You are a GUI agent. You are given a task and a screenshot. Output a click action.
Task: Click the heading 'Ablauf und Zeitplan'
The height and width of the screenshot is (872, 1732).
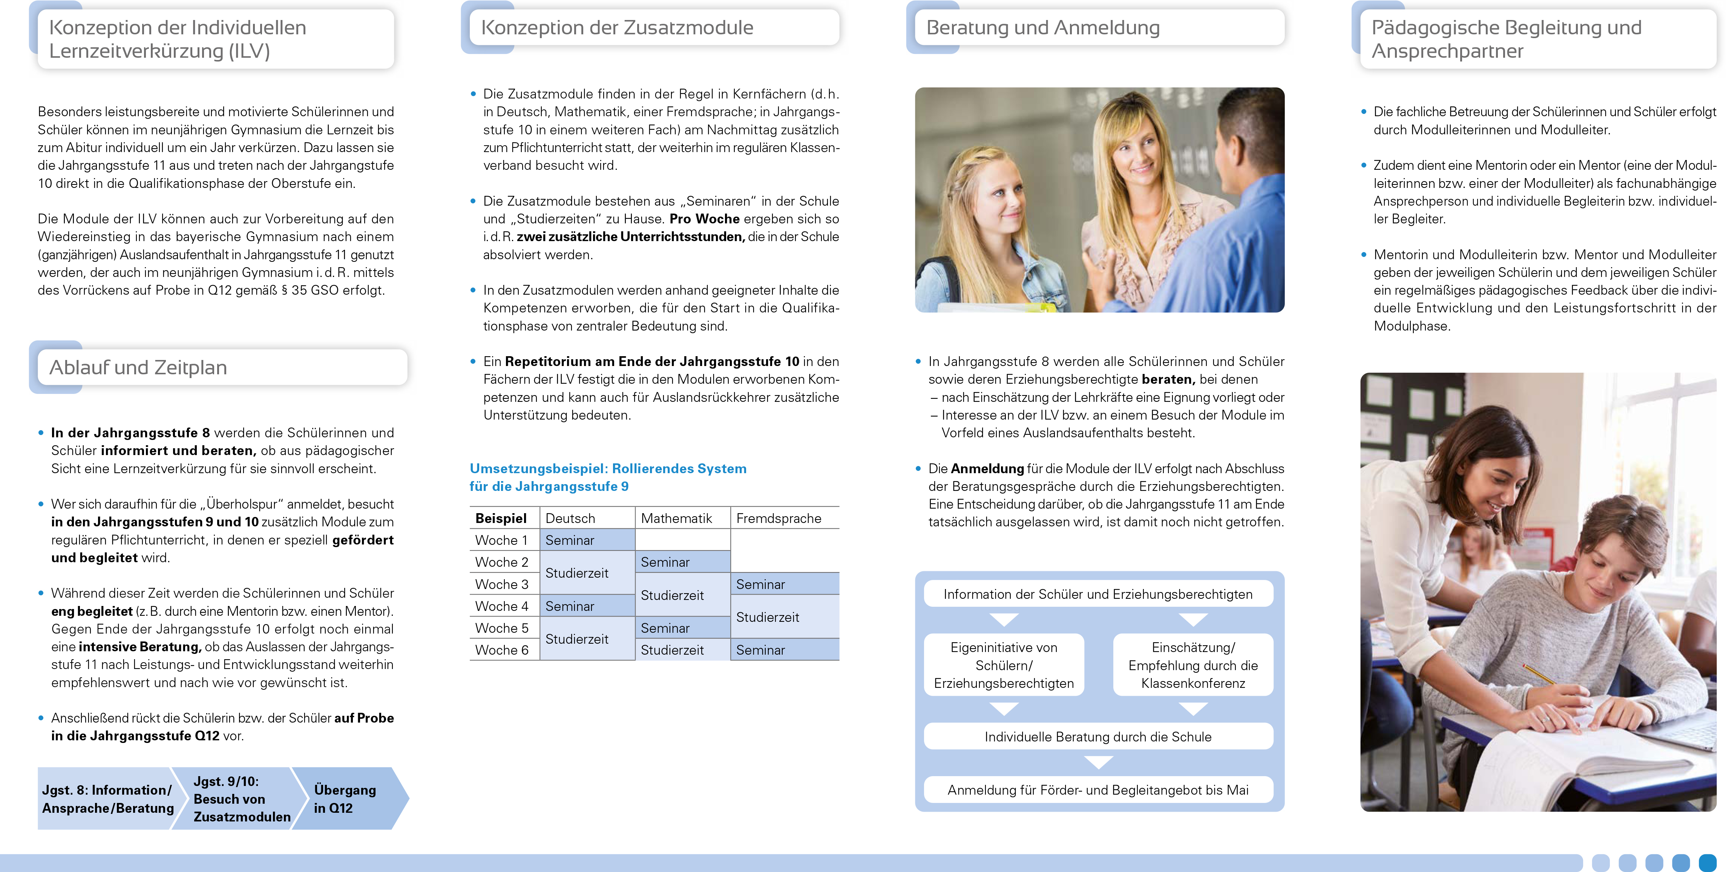pyautogui.click(x=138, y=368)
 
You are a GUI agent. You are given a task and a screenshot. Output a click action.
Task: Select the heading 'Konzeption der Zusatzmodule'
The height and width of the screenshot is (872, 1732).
pyautogui.click(x=616, y=28)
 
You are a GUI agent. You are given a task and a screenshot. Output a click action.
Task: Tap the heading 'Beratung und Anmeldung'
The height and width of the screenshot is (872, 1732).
pyautogui.click(x=1043, y=28)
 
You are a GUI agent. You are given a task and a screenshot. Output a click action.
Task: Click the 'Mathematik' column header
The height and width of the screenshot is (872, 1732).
pyautogui.click(x=676, y=518)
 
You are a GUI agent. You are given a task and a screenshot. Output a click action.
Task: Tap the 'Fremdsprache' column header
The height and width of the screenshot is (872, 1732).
pyautogui.click(x=779, y=518)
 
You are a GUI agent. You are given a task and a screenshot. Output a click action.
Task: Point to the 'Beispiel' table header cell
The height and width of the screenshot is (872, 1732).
pyautogui.click(x=501, y=518)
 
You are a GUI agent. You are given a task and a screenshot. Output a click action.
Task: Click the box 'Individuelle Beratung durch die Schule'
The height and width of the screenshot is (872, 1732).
pyautogui.click(x=1098, y=737)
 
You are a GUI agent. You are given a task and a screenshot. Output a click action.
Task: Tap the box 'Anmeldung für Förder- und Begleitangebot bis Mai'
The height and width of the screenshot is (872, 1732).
pyautogui.click(x=1098, y=790)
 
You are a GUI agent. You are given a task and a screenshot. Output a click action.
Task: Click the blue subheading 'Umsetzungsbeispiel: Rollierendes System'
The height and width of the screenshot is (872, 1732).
pyautogui.click(x=608, y=468)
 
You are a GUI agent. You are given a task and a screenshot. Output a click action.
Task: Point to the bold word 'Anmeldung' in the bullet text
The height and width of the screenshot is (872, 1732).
pyautogui.click(x=987, y=468)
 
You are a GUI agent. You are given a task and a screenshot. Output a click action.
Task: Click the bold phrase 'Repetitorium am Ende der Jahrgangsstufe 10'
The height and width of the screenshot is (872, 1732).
pyautogui.click(x=652, y=361)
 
